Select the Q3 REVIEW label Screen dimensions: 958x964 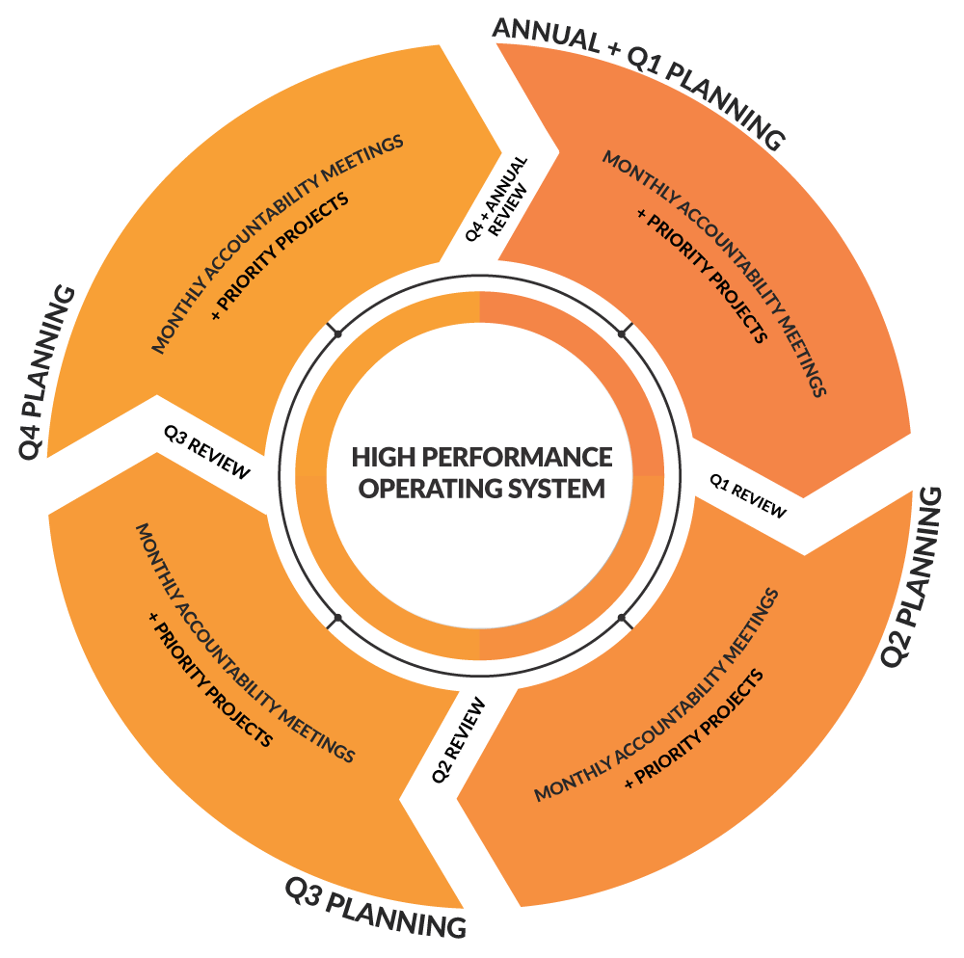tap(206, 454)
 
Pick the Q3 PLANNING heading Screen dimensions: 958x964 tap(375, 907)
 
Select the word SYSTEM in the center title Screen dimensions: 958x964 tap(556, 488)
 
